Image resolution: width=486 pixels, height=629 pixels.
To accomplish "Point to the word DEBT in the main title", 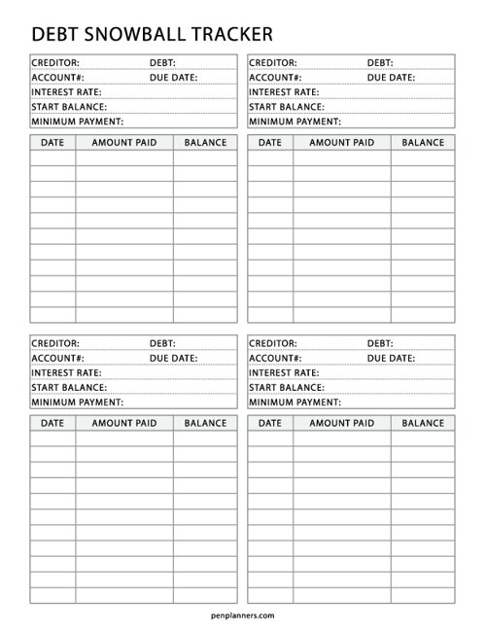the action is point(54,35).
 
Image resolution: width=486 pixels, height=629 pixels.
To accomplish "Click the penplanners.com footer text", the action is point(243,614).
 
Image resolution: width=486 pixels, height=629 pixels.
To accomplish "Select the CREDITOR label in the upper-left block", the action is point(55,62).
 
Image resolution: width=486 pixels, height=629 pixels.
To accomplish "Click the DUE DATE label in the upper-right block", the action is point(391,77).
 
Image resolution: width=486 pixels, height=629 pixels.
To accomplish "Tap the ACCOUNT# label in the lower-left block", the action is point(56,358).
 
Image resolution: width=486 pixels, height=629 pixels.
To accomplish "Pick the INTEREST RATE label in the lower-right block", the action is point(285,372).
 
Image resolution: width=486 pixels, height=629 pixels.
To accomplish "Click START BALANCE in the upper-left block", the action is point(69,107).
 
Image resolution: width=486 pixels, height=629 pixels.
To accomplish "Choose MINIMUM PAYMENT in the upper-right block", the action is point(295,122).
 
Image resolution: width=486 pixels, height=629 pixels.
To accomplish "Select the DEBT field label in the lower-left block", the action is point(161,343).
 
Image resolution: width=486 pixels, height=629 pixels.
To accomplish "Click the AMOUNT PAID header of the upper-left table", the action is point(123,143).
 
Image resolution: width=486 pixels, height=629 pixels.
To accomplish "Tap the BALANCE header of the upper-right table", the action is point(423,143).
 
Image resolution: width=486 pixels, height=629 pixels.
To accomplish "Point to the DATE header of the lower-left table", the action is point(52,424).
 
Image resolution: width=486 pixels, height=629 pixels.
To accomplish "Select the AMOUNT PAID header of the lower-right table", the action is point(341,424).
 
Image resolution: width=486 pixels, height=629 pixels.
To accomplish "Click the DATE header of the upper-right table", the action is point(270,143).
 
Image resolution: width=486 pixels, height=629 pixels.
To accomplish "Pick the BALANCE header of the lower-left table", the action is point(205,424).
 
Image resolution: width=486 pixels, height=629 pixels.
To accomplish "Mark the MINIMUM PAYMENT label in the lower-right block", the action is point(295,402).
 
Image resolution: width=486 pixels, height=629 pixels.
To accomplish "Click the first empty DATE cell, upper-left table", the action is point(52,158).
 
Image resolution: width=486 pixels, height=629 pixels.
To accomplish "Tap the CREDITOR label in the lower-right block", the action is point(273,343).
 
